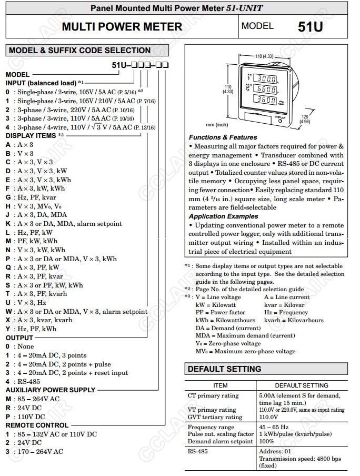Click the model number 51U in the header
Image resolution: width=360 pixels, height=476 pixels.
click(310, 27)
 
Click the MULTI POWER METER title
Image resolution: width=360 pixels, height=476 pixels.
click(122, 27)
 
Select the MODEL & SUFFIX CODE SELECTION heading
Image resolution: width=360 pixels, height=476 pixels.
click(79, 51)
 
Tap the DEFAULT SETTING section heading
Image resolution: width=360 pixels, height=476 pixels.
click(224, 369)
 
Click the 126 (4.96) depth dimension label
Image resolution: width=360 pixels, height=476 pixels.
click(305, 118)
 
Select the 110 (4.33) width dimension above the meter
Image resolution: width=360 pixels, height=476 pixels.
click(264, 56)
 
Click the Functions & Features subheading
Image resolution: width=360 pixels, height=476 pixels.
click(223, 137)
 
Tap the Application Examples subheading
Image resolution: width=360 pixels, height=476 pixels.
click(223, 216)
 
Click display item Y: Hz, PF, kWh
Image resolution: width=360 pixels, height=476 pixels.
click(31, 329)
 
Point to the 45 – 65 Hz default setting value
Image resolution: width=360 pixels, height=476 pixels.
click(274, 427)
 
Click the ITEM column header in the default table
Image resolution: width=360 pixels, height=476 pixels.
click(220, 385)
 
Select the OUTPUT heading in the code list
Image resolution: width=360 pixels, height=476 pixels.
click(19, 338)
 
